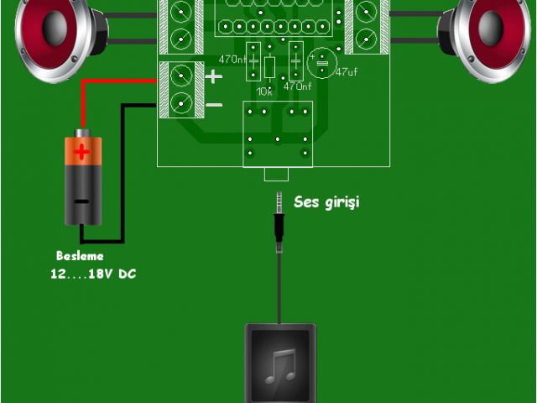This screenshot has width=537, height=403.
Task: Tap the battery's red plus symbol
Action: (x=81, y=152)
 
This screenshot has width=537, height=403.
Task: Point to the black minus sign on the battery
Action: (x=81, y=201)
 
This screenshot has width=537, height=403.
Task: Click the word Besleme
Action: (x=81, y=256)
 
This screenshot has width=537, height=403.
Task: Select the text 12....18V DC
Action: (x=92, y=274)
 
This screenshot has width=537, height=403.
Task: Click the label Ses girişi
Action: (x=326, y=202)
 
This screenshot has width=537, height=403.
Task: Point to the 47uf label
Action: (x=347, y=72)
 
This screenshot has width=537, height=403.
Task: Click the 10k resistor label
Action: (x=264, y=90)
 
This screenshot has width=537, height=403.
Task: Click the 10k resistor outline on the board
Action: (x=268, y=66)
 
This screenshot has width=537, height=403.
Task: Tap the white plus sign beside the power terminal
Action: (x=214, y=76)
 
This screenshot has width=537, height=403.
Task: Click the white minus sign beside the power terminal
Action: (x=214, y=104)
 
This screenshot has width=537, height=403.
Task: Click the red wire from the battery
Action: (x=109, y=81)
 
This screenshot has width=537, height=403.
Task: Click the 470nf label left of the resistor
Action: (x=232, y=60)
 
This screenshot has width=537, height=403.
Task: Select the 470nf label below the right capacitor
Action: (x=297, y=86)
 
